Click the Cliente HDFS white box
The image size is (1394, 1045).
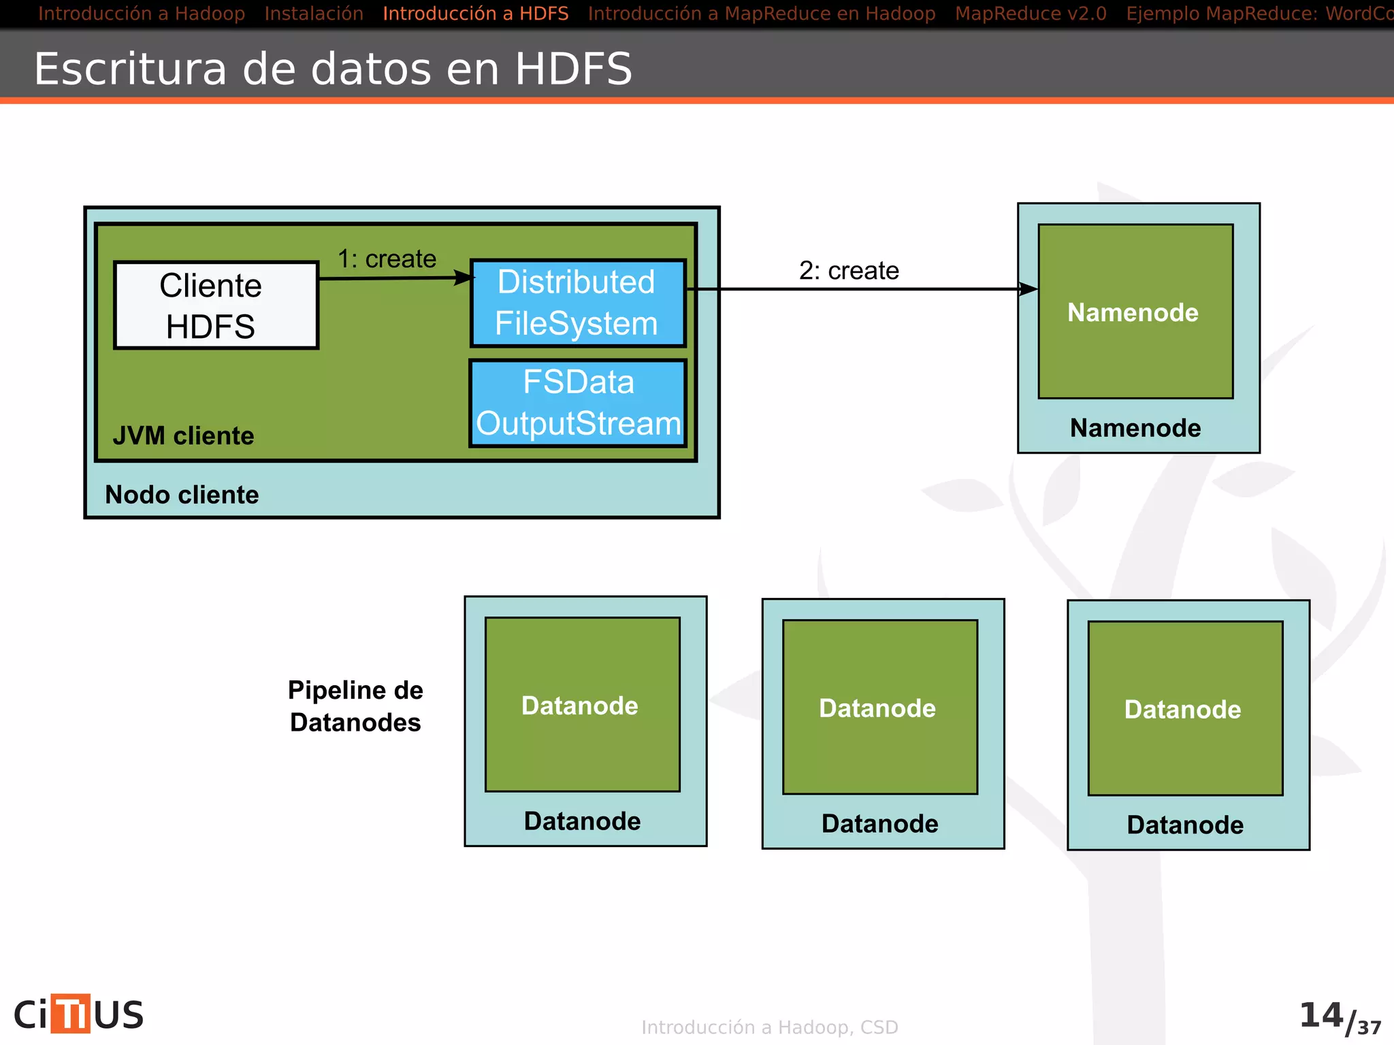[x=216, y=305]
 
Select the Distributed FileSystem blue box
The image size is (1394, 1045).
[x=577, y=303]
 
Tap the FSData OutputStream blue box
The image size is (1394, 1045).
[x=578, y=403]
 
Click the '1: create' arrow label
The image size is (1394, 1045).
[x=387, y=259]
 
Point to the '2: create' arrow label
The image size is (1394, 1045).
[x=849, y=271]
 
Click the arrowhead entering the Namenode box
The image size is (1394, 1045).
[x=1028, y=289]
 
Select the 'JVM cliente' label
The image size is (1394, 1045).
[x=184, y=435]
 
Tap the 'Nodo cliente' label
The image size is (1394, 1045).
[x=182, y=495]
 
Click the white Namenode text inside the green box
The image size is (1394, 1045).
[x=1133, y=312]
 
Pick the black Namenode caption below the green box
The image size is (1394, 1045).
[x=1135, y=428]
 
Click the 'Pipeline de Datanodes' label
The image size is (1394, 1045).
[x=355, y=706]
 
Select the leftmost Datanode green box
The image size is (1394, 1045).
[x=582, y=704]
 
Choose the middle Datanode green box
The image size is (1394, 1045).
[x=879, y=707]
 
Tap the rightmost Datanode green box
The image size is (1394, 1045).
[x=1185, y=708]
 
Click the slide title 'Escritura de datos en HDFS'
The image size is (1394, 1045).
[x=333, y=69]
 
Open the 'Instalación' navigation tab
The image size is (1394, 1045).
[x=314, y=14]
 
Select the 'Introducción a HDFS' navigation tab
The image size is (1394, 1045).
[x=475, y=14]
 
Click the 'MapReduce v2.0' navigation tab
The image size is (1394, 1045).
[x=1031, y=14]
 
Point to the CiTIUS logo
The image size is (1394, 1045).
[x=79, y=1014]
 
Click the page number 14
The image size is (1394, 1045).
[x=1321, y=1015]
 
